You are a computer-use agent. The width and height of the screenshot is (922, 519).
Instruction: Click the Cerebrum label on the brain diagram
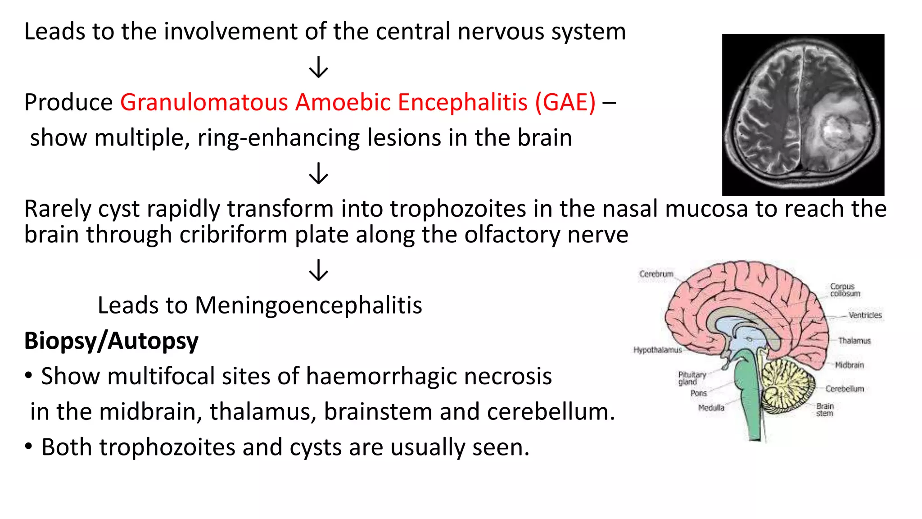656,274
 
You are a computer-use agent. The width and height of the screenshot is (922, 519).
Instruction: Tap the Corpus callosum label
845,290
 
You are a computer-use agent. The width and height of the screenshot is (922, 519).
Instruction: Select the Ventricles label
865,315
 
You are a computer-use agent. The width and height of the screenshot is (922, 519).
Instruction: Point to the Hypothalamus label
657,350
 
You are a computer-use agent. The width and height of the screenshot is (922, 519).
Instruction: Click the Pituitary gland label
692,378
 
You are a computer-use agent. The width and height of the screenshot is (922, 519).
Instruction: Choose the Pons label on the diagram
699,393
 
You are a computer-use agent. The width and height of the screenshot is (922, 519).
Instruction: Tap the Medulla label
711,408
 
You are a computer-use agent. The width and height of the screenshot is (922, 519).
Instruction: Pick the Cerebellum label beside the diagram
845,389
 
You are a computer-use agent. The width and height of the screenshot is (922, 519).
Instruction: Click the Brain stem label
825,410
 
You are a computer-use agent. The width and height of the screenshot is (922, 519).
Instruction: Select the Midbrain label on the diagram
850,365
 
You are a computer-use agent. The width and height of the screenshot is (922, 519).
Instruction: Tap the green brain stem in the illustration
750,392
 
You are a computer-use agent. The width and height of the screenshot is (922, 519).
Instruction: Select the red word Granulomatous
204,102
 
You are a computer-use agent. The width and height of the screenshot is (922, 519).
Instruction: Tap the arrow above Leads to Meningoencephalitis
319,270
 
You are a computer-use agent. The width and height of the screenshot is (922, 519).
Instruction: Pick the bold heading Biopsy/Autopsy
111,341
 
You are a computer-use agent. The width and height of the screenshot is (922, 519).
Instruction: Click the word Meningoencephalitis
308,306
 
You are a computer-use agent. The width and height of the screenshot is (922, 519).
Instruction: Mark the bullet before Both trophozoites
29,447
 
